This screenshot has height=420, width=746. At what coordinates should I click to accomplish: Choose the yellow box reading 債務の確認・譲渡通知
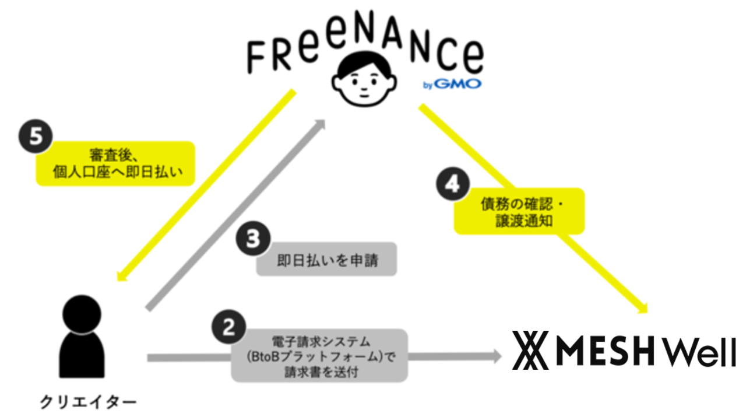point(519,211)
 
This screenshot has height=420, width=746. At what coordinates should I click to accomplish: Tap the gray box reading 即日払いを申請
point(327,260)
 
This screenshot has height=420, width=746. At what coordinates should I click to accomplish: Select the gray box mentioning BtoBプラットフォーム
point(319,355)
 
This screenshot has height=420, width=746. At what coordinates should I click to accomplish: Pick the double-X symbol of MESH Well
point(528,351)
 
